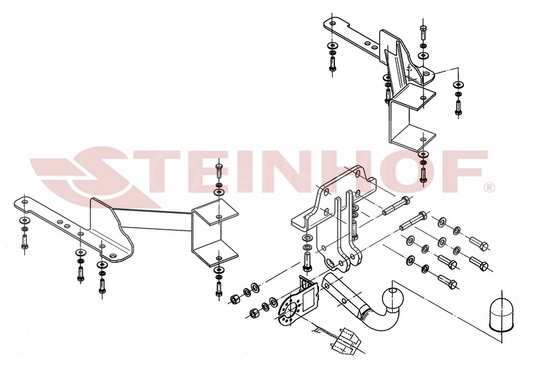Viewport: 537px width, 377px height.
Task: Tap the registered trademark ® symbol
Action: pos(489,187)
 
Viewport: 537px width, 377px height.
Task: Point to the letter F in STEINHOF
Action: pos(467,171)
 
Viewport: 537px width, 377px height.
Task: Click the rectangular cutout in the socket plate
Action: pos(310,298)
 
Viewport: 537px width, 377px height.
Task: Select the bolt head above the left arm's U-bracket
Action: pos(219,169)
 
